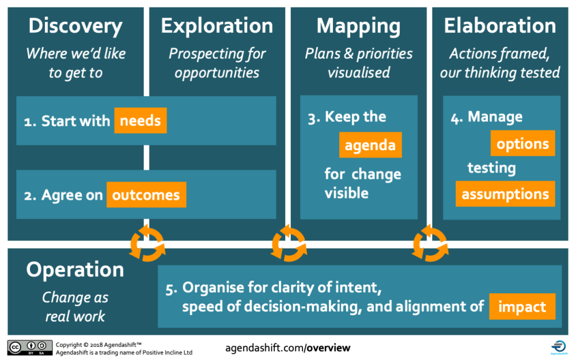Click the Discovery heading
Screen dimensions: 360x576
click(x=75, y=26)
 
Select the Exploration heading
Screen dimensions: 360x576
click(x=217, y=26)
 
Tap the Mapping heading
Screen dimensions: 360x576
click(x=358, y=26)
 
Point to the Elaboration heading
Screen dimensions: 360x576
click(x=500, y=26)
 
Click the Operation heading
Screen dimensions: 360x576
click(x=75, y=270)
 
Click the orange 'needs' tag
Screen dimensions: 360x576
click(x=141, y=122)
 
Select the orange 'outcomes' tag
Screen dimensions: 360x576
click(x=146, y=195)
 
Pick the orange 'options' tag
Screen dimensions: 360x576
click(x=522, y=143)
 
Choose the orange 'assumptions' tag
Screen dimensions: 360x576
click(x=505, y=194)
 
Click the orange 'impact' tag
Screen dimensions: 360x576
click(x=522, y=306)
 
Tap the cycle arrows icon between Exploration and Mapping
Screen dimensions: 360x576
click(x=288, y=244)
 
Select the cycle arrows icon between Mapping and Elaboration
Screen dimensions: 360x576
click(x=430, y=244)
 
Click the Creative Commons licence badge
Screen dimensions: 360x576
click(x=29, y=348)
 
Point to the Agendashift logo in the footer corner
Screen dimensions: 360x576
click(x=558, y=347)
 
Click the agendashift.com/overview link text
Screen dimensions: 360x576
click(x=287, y=348)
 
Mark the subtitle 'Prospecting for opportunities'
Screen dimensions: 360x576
click(x=217, y=63)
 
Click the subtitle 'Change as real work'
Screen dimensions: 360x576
click(x=75, y=308)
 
